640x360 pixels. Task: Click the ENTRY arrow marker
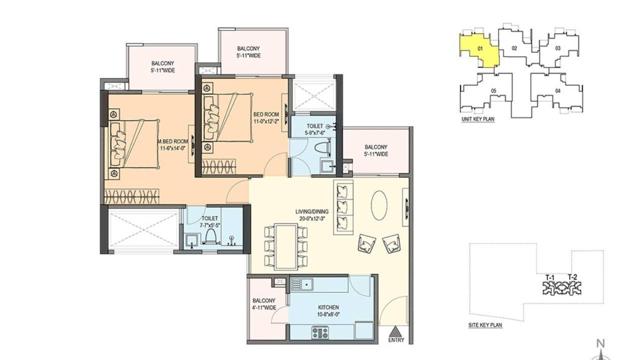(395, 331)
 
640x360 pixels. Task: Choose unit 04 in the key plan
(557, 91)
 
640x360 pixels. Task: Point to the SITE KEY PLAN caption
(485, 325)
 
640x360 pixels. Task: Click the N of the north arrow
(601, 343)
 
